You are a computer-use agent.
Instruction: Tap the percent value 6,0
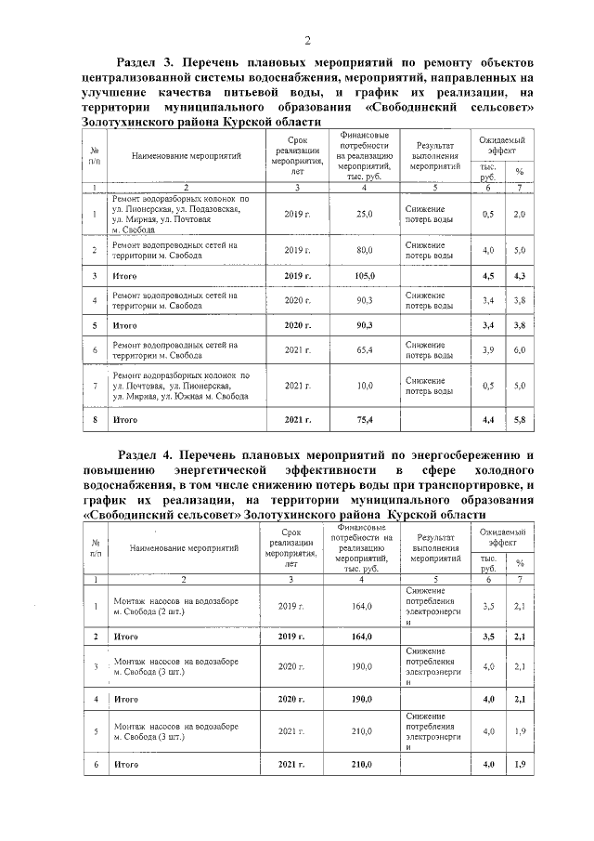520,350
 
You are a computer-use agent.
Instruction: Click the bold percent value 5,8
520,420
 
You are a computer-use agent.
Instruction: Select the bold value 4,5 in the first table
488,276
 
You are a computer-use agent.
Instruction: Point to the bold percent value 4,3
520,276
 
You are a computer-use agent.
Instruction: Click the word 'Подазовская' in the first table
210,208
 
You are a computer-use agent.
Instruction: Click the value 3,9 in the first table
488,350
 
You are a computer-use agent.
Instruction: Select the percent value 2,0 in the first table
520,215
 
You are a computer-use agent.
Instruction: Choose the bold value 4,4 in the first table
488,420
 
